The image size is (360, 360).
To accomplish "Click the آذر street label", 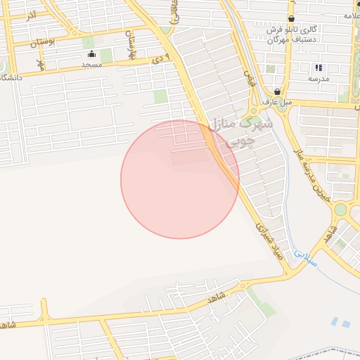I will (x=30, y=15).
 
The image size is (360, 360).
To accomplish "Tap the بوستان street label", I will (x=43, y=42).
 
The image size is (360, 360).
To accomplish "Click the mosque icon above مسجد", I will (x=91, y=54).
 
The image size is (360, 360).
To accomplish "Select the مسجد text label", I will (x=92, y=65).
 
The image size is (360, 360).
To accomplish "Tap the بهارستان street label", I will (x=129, y=44).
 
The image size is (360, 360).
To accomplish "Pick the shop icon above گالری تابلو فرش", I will (x=291, y=19).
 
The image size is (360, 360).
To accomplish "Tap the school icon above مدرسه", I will (x=319, y=68).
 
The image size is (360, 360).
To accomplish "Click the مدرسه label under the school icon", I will (x=319, y=79).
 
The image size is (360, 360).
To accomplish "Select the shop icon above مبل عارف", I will (x=278, y=91).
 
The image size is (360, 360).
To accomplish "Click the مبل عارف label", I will (x=277, y=102).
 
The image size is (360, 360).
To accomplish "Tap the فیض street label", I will (x=247, y=72).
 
